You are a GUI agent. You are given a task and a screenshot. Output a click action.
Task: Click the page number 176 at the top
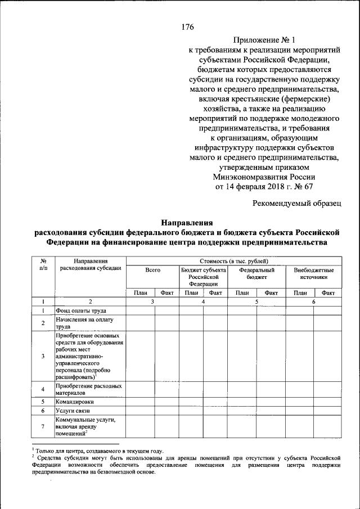coord(188,27)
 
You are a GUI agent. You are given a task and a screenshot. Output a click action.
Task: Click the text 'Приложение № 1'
coord(264,40)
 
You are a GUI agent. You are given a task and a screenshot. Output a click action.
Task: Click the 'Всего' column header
coord(152,271)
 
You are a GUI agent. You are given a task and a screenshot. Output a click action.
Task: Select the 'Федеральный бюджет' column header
coord(256,274)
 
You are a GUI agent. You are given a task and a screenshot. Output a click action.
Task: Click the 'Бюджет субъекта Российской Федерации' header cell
coord(203,277)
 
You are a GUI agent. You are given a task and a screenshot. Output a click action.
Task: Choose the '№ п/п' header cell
coord(43,264)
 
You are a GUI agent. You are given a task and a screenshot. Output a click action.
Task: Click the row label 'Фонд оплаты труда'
coord(80,310)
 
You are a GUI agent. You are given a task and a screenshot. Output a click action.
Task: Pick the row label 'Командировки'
coord(75,402)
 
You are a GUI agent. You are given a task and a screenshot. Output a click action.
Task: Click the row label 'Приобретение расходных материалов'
coord(88,390)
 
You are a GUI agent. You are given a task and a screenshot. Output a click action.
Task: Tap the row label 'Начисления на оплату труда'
coord(84,323)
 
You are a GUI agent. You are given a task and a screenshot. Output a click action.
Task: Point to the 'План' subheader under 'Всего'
coord(140,292)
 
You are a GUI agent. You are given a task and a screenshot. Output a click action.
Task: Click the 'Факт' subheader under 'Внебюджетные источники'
coord(328,292)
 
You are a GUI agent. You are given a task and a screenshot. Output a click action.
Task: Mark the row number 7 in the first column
coord(43,427)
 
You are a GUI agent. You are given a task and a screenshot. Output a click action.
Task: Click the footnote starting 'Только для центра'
coord(98,451)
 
